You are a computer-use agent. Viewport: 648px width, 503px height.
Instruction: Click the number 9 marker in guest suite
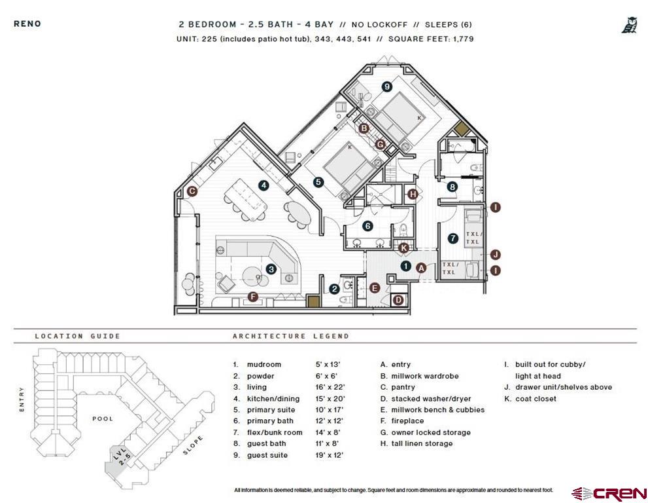pos(387,86)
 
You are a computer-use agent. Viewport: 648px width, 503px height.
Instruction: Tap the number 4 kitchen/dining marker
pos(264,185)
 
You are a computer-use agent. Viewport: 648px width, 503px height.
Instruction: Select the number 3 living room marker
pos(271,269)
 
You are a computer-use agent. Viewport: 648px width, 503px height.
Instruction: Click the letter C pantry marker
pos(192,192)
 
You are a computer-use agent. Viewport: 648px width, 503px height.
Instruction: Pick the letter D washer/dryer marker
pos(398,300)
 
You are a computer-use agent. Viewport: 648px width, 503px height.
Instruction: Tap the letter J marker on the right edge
pos(495,255)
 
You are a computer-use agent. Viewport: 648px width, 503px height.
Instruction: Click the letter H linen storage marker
pos(412,194)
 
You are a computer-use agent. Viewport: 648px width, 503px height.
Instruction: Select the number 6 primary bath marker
pos(367,226)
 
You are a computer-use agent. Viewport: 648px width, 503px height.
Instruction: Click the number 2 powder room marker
pos(333,288)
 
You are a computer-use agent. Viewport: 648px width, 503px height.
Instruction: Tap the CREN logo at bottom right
pos(609,493)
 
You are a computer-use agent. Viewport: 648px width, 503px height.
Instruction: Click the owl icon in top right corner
pos(628,26)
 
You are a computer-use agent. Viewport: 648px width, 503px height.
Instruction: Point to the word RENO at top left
pos(27,24)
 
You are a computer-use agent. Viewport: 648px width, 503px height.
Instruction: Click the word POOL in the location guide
pos(103,419)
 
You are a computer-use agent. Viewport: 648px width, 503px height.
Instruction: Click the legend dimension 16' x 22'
pos(329,387)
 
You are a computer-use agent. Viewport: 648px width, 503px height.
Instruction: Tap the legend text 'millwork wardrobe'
pos(424,376)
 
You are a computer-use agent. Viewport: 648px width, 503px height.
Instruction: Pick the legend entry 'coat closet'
pos(536,399)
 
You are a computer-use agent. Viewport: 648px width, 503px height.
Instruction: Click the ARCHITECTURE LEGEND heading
pos(291,336)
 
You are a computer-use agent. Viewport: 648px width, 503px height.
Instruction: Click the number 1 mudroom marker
pos(405,266)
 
